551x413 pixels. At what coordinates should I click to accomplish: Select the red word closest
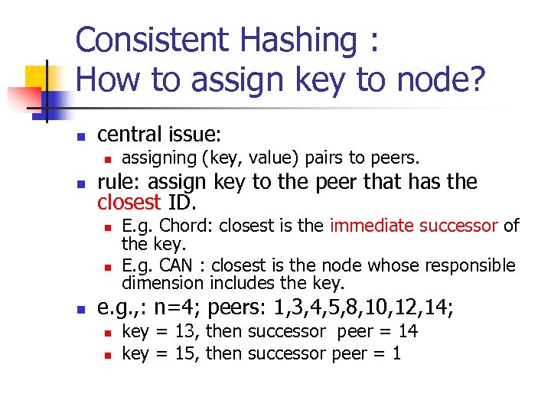click(x=129, y=203)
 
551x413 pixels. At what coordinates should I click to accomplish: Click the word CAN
click(x=181, y=265)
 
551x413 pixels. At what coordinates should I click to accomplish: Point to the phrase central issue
click(x=159, y=135)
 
